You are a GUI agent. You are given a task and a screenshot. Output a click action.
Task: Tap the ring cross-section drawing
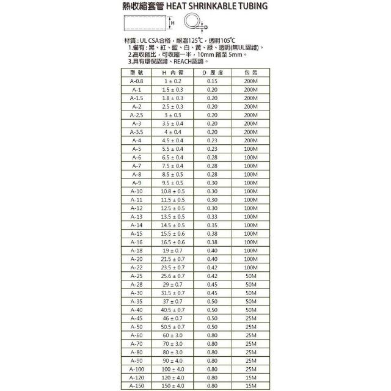[x=192, y=24]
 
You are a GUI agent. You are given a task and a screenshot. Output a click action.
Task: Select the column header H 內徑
[x=172, y=72]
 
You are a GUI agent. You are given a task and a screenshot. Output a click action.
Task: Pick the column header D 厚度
[x=213, y=72]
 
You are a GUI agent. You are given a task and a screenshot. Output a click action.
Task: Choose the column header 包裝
[x=250, y=72]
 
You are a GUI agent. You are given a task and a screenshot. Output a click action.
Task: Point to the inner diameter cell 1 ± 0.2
[x=172, y=81]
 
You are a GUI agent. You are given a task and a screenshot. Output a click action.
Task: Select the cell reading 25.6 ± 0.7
[x=172, y=276]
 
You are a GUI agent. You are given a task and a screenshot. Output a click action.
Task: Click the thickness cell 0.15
[x=213, y=81]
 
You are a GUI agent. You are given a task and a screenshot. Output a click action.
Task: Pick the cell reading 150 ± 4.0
[x=172, y=386]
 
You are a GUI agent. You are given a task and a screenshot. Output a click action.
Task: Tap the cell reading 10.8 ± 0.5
[x=172, y=191]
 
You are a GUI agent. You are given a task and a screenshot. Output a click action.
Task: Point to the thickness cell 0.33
[x=213, y=216]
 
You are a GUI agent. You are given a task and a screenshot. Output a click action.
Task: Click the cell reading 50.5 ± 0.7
[x=172, y=326]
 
